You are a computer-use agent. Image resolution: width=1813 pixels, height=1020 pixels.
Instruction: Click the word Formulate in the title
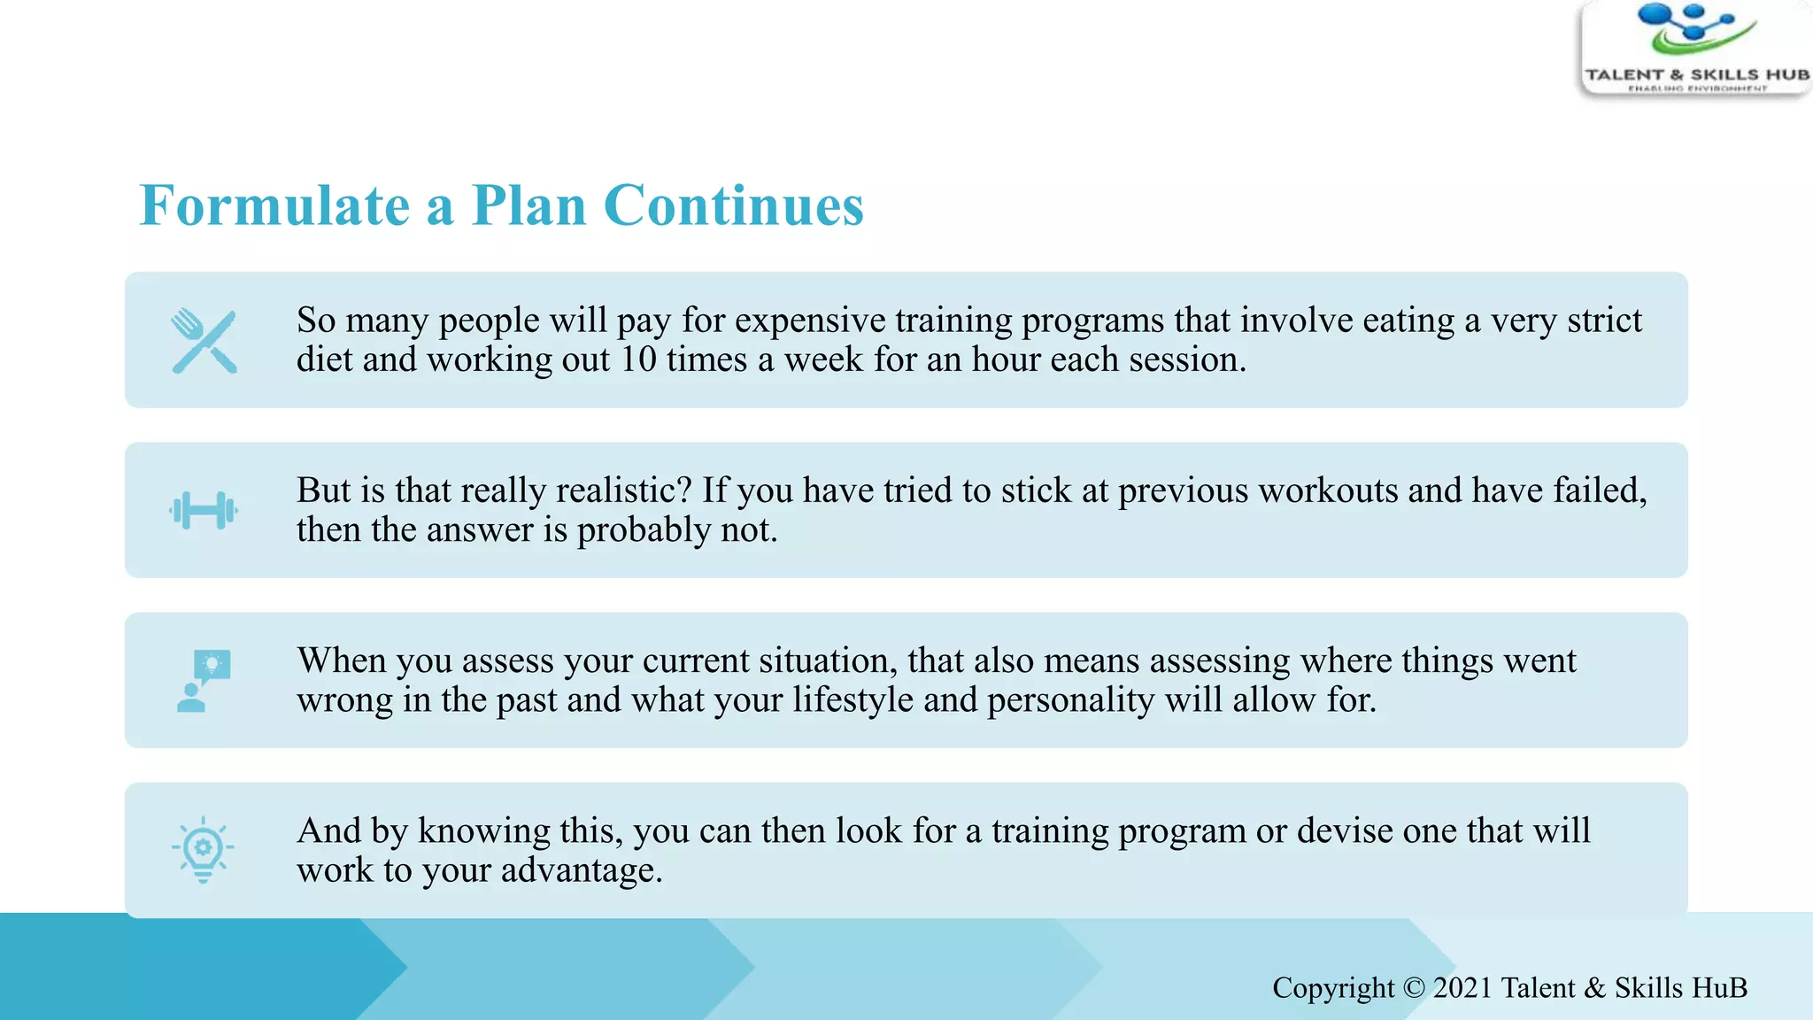tap(274, 205)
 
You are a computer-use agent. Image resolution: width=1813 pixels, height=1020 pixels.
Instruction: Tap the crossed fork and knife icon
tap(204, 342)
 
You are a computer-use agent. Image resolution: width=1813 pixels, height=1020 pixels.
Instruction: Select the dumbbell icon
tap(204, 511)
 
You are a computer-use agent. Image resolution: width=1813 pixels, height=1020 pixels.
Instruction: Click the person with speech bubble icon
tap(204, 681)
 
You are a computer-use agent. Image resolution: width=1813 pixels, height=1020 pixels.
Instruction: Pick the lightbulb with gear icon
tap(203, 849)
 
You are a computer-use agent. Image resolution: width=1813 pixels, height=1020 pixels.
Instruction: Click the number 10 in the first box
tap(637, 360)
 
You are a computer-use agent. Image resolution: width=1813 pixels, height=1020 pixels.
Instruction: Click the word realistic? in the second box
tap(620, 491)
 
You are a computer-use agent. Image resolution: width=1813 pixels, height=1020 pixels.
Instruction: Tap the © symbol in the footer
tap(1414, 988)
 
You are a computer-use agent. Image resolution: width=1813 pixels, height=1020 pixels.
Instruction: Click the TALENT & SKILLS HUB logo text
tap(1696, 74)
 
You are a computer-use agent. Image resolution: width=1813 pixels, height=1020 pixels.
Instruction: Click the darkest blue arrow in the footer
tap(195, 967)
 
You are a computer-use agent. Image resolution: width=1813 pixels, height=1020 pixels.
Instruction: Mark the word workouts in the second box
tap(1328, 491)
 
